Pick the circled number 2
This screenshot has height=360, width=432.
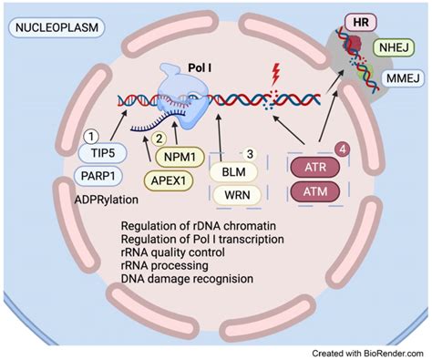pyautogui.click(x=159, y=139)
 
